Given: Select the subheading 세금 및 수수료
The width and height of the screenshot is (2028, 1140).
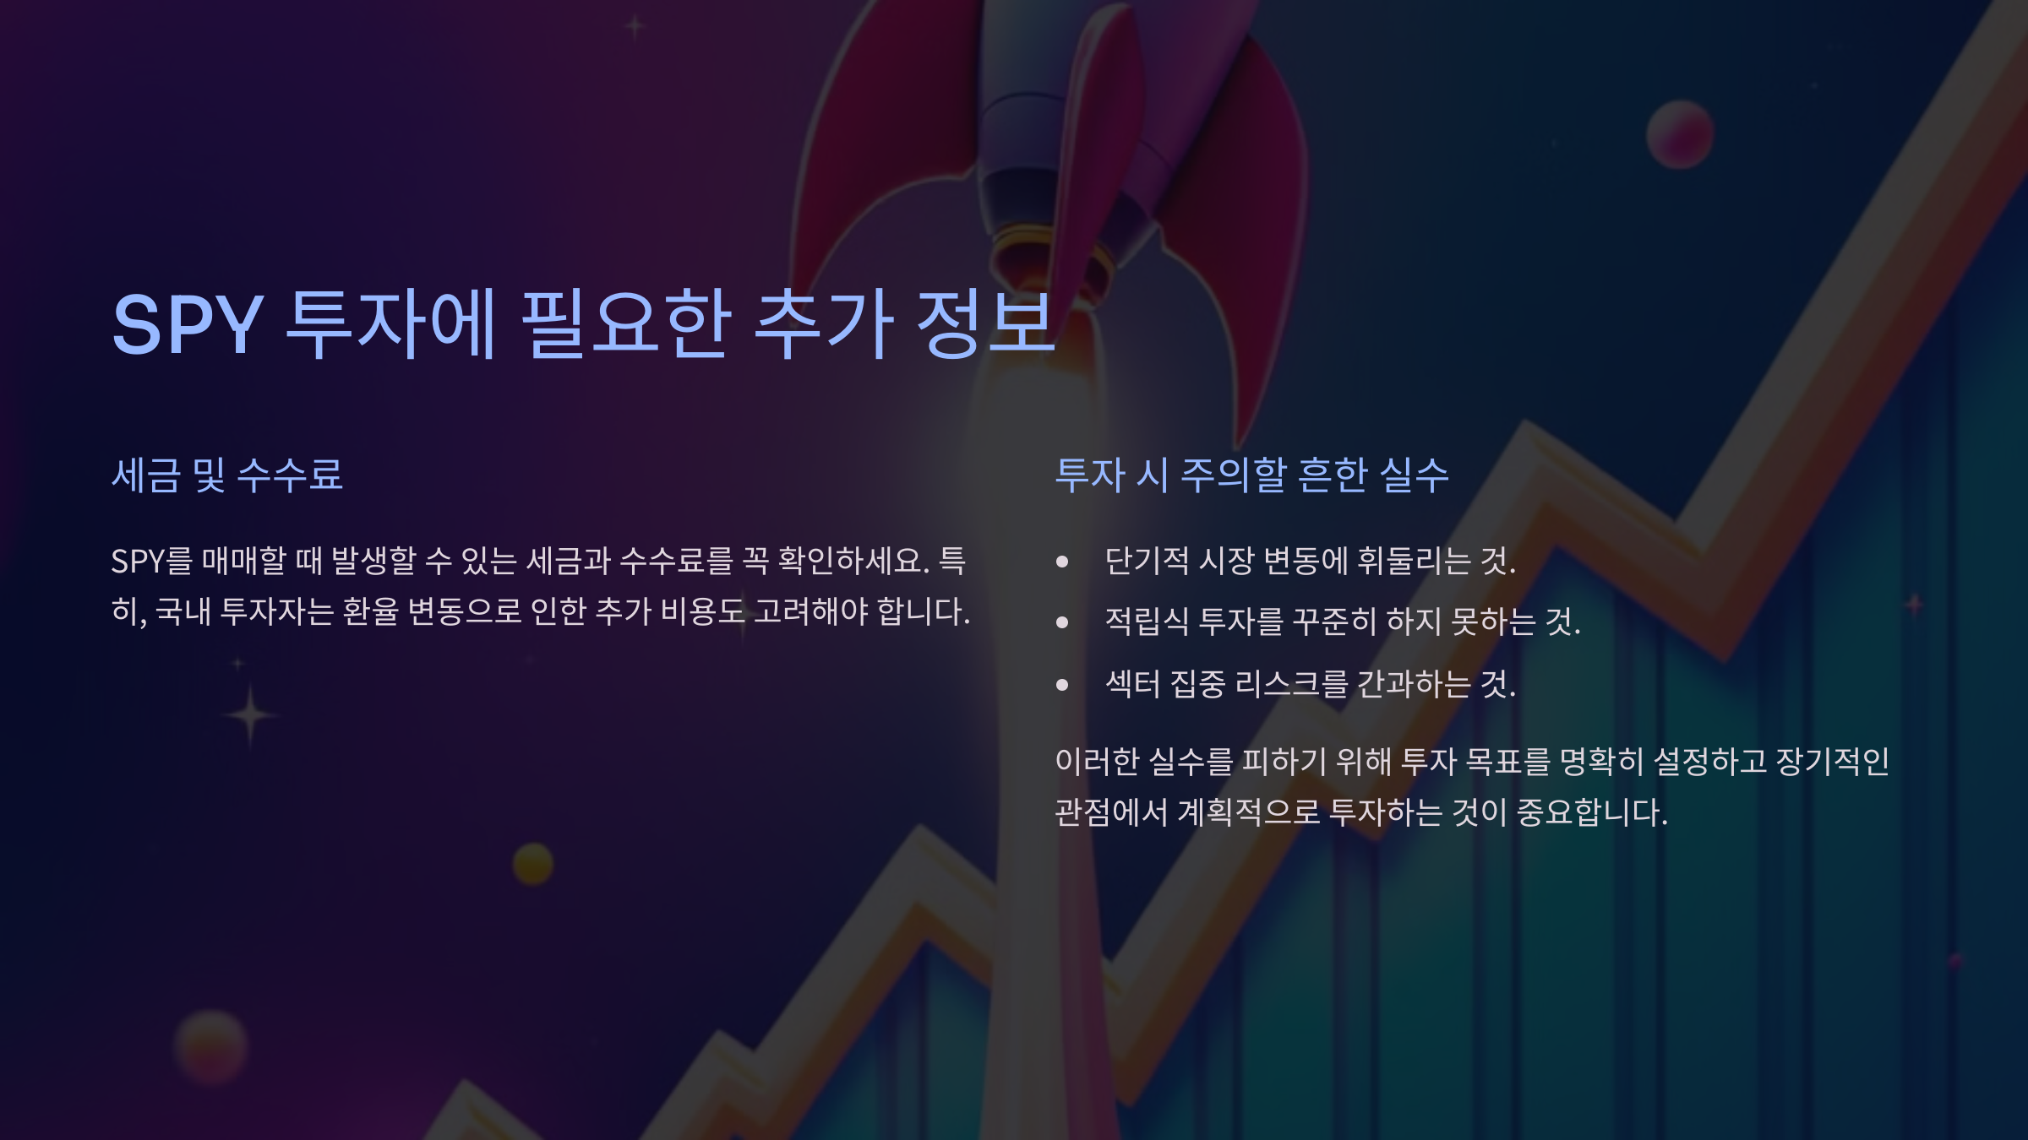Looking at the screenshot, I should coord(227,475).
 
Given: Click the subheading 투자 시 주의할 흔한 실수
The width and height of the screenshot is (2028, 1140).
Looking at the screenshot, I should coord(1251,475).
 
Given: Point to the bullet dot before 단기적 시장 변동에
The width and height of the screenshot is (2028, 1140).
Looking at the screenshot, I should coord(1062,562).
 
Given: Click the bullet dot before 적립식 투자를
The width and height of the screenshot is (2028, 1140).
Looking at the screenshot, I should coord(1062,623).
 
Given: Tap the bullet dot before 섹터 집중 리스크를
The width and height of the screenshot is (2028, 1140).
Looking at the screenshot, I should coord(1062,685).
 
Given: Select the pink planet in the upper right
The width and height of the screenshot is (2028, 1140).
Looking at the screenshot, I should coord(1680,134).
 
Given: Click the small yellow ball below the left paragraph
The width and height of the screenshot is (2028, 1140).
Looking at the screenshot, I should coord(533,864).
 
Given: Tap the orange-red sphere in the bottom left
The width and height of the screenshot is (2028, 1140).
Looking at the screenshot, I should coord(211,1047).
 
